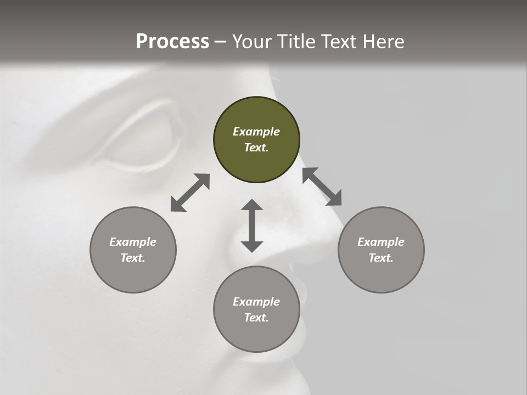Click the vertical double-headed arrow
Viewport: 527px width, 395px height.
[x=252, y=225]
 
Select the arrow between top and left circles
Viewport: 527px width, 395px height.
[x=190, y=193]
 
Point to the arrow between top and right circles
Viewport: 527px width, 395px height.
[x=322, y=187]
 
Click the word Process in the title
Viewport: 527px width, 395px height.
[x=172, y=42]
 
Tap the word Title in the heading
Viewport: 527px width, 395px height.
[x=295, y=42]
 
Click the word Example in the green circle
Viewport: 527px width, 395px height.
[x=256, y=132]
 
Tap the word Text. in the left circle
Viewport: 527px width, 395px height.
[x=133, y=258]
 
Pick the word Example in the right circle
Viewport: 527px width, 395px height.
[x=381, y=242]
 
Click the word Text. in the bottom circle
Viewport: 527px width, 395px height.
[x=256, y=318]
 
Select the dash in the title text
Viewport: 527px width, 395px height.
[x=221, y=42]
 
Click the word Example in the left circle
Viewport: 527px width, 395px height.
[x=133, y=242]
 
